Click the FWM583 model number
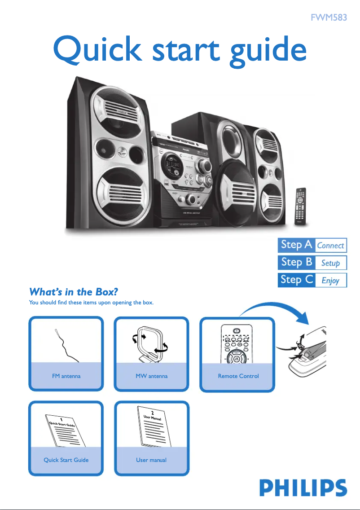(329, 18)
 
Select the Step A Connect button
(312, 245)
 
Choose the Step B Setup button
(312, 263)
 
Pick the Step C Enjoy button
(312, 280)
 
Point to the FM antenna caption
(66, 376)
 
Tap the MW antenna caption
(152, 376)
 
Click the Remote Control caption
(238, 376)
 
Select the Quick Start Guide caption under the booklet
(66, 460)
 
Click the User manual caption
(151, 460)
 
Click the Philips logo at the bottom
(303, 488)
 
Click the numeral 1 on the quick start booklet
(67, 419)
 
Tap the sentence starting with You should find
(91, 303)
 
